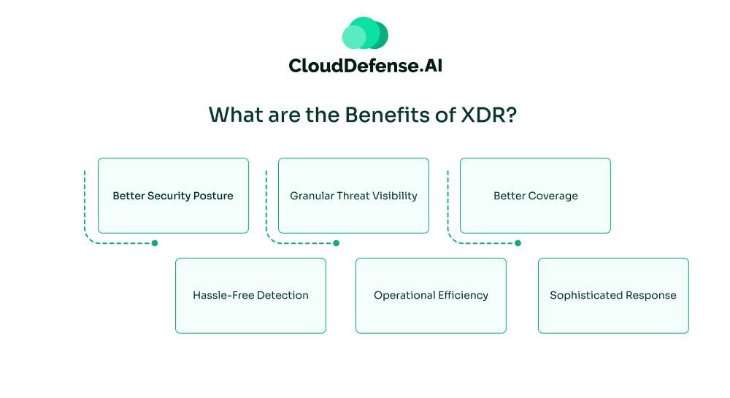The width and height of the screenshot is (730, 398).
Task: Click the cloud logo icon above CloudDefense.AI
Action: point(365,34)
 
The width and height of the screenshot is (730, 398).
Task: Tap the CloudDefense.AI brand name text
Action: point(365,66)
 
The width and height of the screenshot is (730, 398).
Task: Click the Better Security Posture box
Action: point(173,196)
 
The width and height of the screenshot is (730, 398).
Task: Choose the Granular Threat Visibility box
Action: point(353,196)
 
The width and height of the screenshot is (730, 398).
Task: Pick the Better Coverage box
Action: point(535,196)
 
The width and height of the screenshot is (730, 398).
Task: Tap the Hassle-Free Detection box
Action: point(250,296)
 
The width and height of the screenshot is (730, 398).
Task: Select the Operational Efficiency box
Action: point(431,296)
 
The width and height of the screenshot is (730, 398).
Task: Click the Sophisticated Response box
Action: point(613,296)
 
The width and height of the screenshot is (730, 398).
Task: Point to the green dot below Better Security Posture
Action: point(155,243)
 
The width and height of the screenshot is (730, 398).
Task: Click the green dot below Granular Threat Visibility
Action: point(337,243)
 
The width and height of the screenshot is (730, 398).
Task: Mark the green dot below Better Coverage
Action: point(518,243)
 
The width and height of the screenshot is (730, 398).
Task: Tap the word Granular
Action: point(312,196)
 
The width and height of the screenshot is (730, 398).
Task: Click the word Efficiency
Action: point(463,296)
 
